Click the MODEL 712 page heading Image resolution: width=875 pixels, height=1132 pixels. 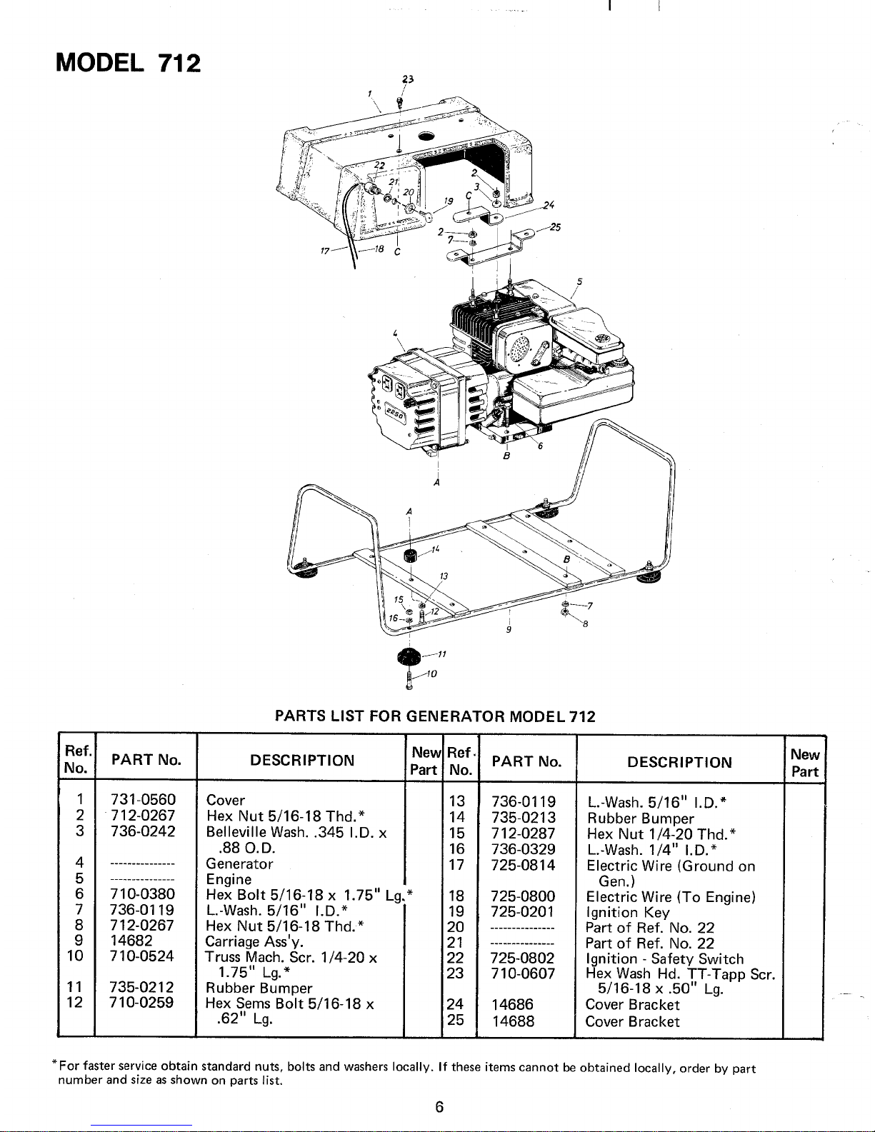[x=129, y=63]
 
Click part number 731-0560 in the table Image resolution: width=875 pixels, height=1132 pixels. [x=144, y=800]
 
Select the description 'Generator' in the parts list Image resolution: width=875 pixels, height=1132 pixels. [x=239, y=863]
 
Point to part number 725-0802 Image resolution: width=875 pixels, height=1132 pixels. [x=524, y=958]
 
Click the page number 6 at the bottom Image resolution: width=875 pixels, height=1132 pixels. [x=439, y=1107]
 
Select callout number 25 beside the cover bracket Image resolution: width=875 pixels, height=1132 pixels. [x=556, y=228]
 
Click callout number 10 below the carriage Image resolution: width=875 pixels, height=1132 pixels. [x=431, y=673]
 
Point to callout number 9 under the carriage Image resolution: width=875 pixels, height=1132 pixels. [x=508, y=630]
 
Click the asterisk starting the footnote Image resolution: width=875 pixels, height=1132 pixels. [x=54, y=1067]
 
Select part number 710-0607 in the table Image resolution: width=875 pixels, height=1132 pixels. [x=524, y=973]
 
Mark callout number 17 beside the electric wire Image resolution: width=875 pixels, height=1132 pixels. [x=326, y=251]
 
